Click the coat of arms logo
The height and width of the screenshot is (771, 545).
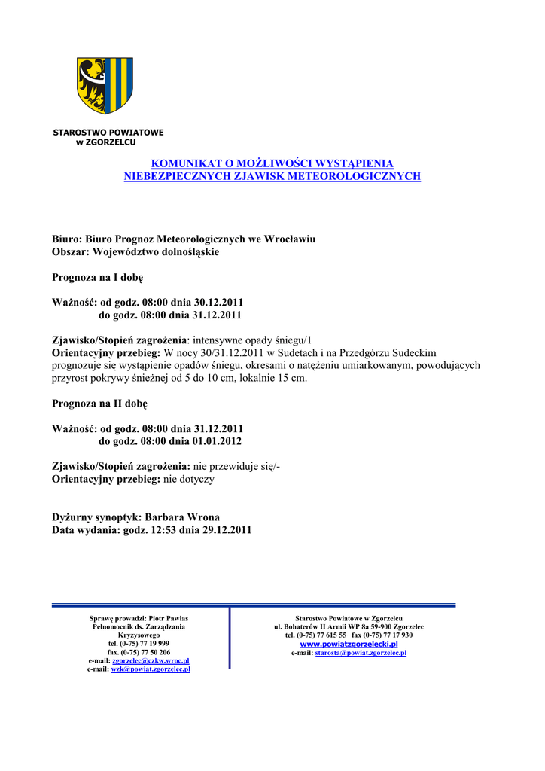point(105,85)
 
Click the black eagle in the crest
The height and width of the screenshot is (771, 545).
point(93,85)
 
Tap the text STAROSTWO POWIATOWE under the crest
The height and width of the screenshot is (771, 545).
point(108,133)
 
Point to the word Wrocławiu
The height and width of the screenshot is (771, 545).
point(289,239)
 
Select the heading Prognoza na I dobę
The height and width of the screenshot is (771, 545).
point(97,277)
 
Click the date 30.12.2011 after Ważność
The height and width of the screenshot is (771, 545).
point(217,302)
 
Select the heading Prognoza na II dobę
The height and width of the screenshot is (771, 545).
point(99,404)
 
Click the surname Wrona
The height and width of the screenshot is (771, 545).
point(198,517)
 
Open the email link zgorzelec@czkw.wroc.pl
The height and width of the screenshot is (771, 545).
point(151,660)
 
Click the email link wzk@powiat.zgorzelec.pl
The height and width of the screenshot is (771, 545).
point(151,669)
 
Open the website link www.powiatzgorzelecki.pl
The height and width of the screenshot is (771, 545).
point(349,645)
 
